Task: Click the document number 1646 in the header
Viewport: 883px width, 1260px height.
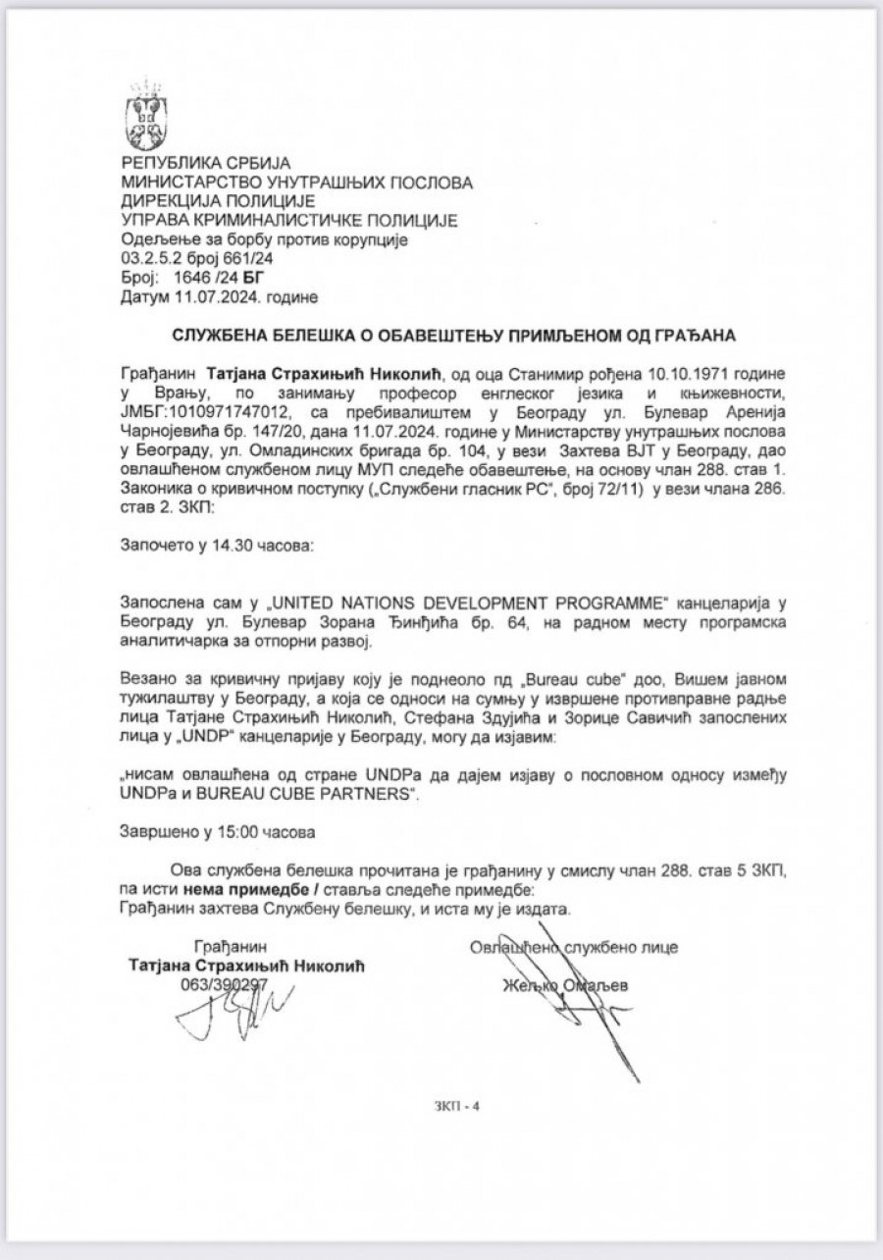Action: pos(181,278)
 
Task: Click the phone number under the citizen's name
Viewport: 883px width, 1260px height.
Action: pos(225,983)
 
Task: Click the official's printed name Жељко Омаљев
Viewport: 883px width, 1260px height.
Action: pos(564,985)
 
